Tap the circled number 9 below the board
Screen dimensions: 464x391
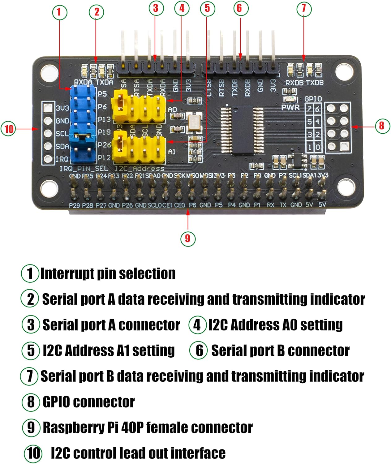188,238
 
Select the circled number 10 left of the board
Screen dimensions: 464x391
9,128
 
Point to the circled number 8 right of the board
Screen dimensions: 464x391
382,126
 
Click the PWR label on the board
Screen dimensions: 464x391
290,108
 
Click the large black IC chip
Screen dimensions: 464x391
242,130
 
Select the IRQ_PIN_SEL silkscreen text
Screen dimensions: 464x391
84,169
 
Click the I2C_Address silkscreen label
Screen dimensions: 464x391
140,169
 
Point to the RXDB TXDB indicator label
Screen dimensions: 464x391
304,83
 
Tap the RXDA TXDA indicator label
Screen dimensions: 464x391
93,82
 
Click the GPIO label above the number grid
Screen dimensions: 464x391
313,99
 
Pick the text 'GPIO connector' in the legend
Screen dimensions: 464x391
88,402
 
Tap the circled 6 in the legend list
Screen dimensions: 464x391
198,350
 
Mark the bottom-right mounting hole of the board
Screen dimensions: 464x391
346,186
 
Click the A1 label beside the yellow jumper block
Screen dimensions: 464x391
172,152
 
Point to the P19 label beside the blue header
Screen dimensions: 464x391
104,132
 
